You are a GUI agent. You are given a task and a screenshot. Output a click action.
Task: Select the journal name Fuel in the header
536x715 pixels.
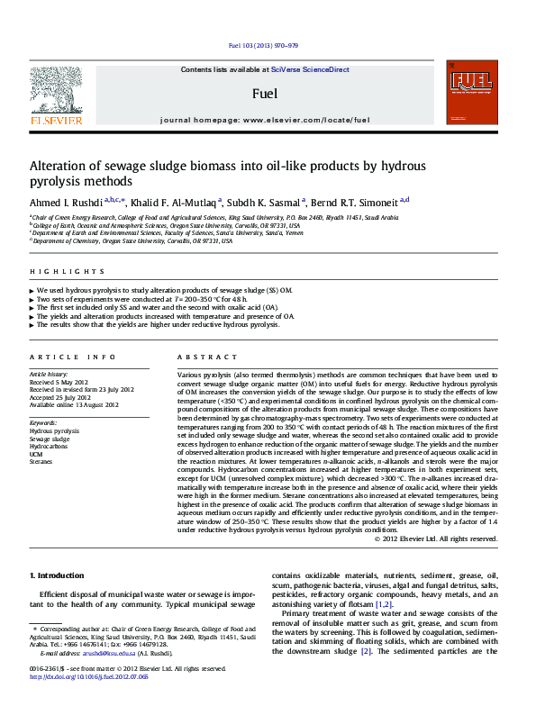click(x=264, y=93)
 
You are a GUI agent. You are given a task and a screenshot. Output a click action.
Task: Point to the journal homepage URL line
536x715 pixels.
click(x=265, y=120)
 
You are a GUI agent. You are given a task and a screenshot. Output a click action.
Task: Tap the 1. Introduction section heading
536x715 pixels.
click(x=59, y=575)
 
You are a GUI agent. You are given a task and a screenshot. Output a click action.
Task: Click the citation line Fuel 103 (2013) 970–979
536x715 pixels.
click(x=265, y=44)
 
